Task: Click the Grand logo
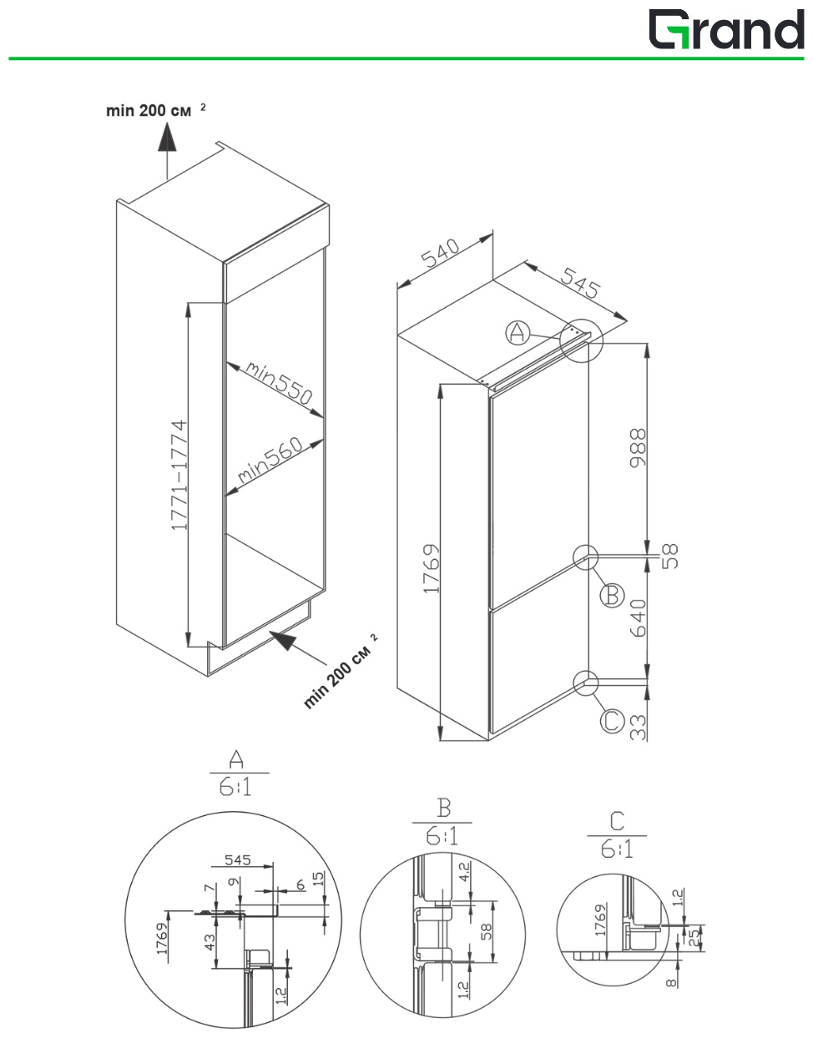pyautogui.click(x=725, y=30)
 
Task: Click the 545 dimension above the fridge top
pyautogui.click(x=578, y=283)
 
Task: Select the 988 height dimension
pyautogui.click(x=639, y=449)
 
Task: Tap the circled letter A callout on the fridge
pyautogui.click(x=518, y=333)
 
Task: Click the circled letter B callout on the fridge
pyautogui.click(x=612, y=596)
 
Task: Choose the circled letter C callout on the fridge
pyautogui.click(x=612, y=720)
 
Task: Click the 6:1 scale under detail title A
pyautogui.click(x=235, y=786)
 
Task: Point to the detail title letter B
pyautogui.click(x=443, y=808)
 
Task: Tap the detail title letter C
pyautogui.click(x=617, y=821)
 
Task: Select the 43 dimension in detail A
pyautogui.click(x=211, y=942)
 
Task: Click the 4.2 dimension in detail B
pyautogui.click(x=464, y=873)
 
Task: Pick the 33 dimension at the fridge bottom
pyautogui.click(x=639, y=728)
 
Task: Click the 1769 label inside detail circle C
pyautogui.click(x=599, y=920)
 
